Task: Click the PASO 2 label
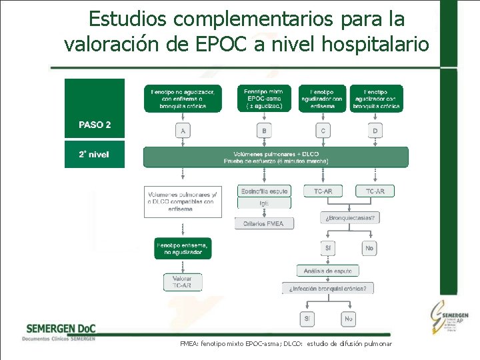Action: point(95,125)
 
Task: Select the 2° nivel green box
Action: point(94,155)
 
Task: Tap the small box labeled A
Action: point(183,131)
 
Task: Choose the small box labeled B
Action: point(264,131)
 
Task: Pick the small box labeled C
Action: point(323,131)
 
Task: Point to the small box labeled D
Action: point(375,131)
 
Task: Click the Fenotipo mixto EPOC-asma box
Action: point(264,98)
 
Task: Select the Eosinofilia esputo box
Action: point(264,191)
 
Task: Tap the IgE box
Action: point(264,203)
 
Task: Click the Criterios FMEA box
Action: point(264,223)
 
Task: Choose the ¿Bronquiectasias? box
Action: point(350,217)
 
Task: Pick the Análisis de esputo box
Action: point(327,271)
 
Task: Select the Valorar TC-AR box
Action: point(183,282)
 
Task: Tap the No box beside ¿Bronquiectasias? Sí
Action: point(370,248)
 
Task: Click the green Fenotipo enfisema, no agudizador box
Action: point(183,249)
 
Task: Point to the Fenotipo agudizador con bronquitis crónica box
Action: point(376,98)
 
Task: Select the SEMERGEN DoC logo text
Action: point(60,329)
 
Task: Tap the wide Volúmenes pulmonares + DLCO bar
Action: point(276,157)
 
